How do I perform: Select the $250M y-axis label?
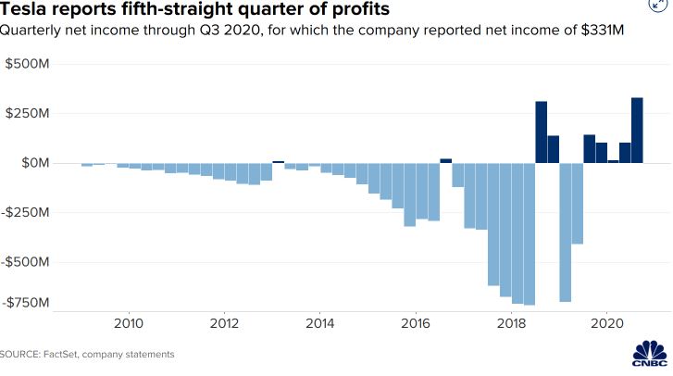tap(27, 113)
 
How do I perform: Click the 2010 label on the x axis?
tap(129, 324)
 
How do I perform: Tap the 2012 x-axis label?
tap(225, 324)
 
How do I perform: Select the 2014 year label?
tap(320, 324)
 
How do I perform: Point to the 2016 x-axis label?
tap(416, 324)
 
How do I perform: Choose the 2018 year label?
tap(512, 324)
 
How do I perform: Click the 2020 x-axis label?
tap(607, 324)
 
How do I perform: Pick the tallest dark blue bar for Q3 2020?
tap(637, 130)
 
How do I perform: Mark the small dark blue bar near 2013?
tap(278, 161)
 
